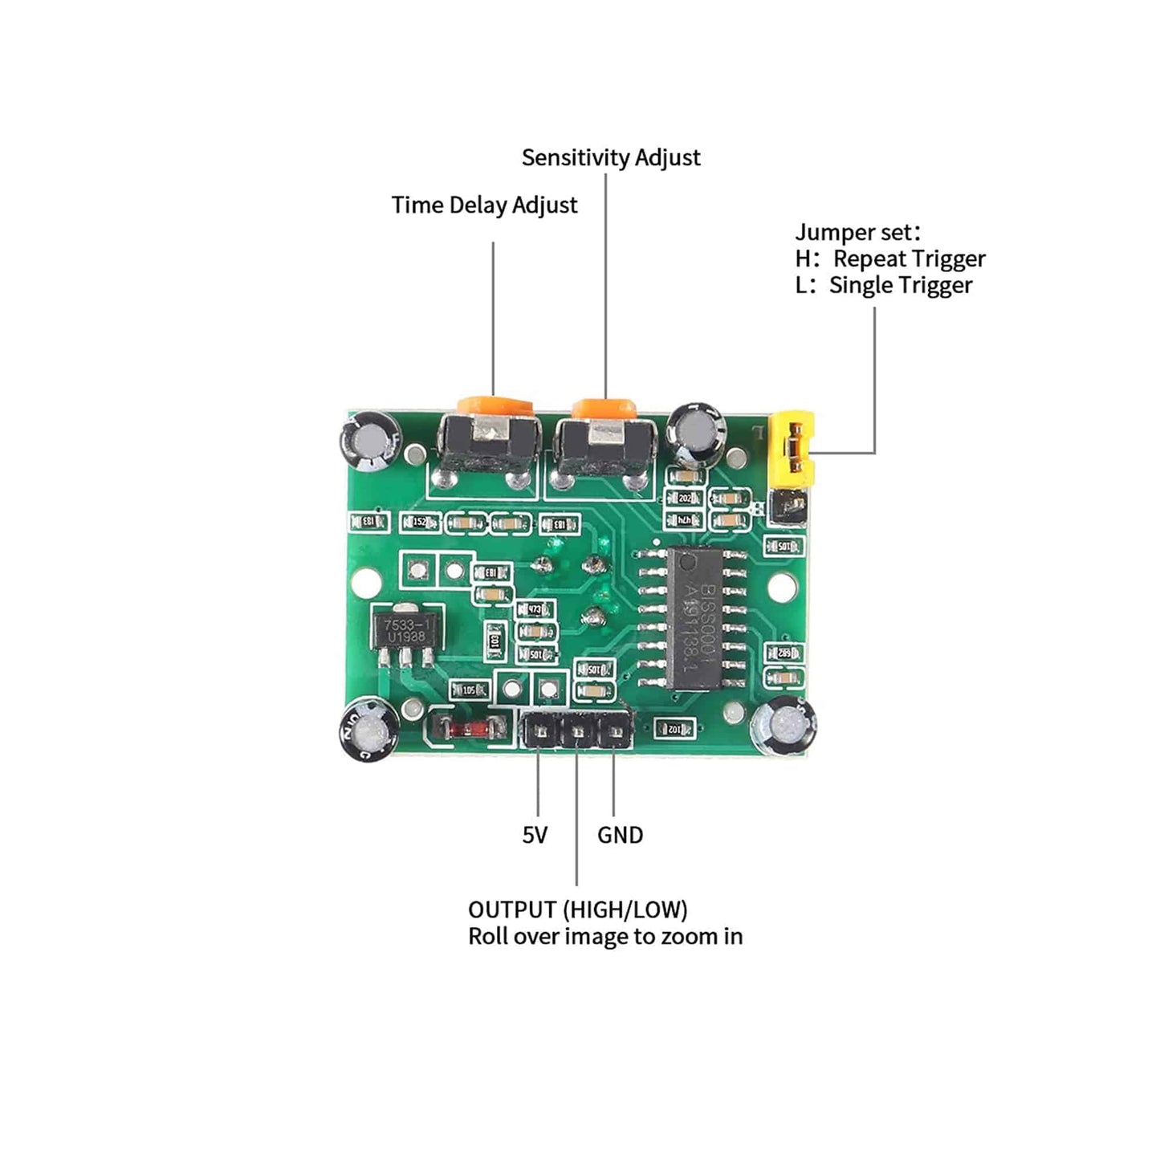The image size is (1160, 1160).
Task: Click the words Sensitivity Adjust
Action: [x=610, y=157]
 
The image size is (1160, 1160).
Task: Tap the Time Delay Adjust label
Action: [x=484, y=205]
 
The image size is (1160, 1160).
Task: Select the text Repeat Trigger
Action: [x=909, y=258]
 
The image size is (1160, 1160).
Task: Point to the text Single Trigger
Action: [x=900, y=285]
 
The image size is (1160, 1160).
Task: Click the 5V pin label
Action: [x=535, y=835]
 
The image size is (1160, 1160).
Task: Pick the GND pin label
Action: [x=620, y=835]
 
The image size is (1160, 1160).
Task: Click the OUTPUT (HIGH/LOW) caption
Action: [x=577, y=910]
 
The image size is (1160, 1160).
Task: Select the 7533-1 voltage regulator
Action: [x=405, y=630]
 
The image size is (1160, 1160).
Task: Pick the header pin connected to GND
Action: [x=613, y=732]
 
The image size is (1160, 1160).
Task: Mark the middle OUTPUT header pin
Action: [x=576, y=732]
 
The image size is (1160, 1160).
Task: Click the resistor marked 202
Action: [x=685, y=499]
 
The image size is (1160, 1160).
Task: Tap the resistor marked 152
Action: [x=421, y=523]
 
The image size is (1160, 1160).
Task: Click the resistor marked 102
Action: [x=674, y=728]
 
